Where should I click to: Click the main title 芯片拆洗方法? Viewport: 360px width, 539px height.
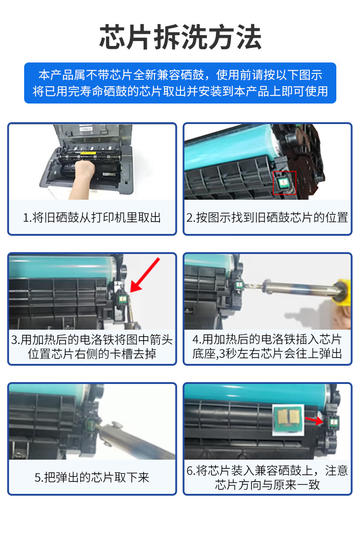point(180,37)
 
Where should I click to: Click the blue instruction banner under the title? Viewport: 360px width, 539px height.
point(180,83)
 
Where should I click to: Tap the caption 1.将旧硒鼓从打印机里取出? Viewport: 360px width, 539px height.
point(92,217)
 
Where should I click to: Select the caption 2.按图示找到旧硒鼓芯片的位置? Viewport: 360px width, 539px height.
point(267,217)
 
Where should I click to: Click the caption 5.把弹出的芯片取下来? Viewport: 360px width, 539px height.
point(92,477)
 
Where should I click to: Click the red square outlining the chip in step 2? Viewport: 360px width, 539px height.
point(284,183)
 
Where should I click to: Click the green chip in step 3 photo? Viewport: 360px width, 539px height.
point(122,298)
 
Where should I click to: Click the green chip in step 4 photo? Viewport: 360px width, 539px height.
point(239,285)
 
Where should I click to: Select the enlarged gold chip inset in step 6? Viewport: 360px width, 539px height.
point(288,420)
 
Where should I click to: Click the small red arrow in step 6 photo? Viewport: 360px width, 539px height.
point(314,420)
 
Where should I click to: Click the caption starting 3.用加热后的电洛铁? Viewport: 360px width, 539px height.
point(92,347)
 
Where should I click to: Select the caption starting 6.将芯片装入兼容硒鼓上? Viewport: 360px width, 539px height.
point(267,477)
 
